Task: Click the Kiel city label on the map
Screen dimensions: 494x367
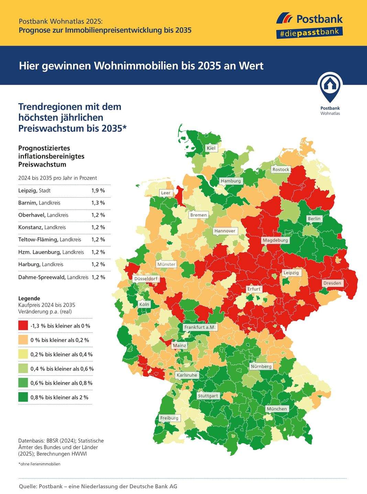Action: [211, 148]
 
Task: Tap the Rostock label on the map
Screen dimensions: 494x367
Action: [281, 169]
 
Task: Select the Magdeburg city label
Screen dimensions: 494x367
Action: [275, 240]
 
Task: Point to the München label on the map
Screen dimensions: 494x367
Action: [277, 409]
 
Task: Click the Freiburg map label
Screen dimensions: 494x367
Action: [169, 418]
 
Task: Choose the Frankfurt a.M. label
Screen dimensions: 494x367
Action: [200, 327]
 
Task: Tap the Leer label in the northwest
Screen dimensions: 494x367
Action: [166, 193]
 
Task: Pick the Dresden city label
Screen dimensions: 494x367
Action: [332, 283]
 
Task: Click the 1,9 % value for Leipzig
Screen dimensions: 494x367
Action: [98, 190]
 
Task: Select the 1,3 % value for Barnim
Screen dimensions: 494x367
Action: [98, 203]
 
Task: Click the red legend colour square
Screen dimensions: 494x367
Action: [23, 326]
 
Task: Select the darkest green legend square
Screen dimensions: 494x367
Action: [23, 397]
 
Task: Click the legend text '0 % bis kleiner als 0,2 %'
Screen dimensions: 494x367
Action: [60, 340]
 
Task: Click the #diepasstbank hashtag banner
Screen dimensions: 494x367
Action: [309, 33]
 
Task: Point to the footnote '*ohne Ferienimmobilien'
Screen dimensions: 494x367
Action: [39, 464]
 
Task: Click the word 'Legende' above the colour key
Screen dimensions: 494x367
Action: [29, 298]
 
